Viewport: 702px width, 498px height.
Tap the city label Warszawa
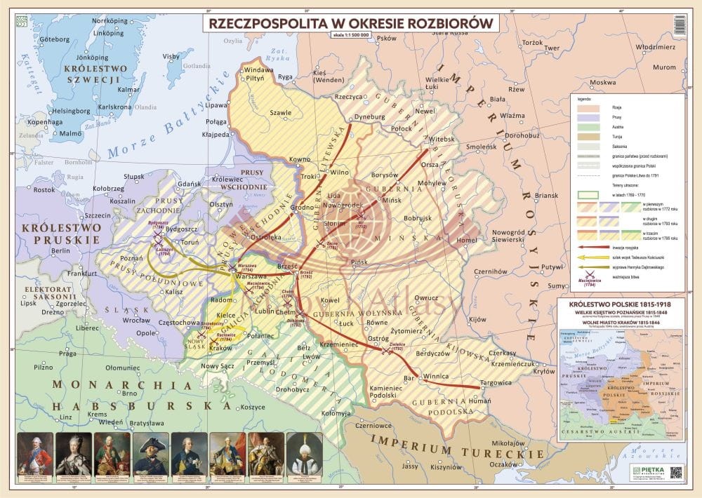tap(251, 276)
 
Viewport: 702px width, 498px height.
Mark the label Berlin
tap(60, 250)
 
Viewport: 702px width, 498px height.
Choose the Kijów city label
tap(477, 319)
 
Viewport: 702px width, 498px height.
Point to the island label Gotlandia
tap(178, 67)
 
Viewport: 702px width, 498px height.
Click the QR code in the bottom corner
tap(676, 472)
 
